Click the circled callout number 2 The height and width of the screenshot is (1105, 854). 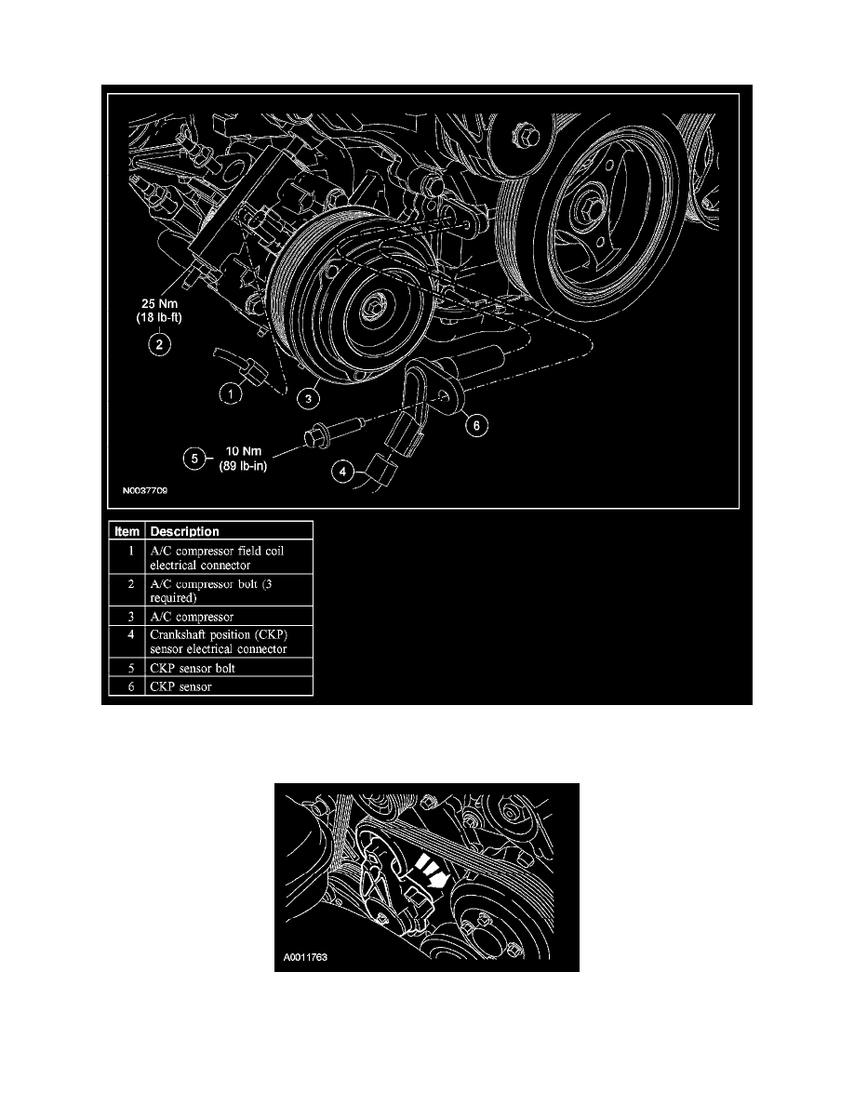pos(159,345)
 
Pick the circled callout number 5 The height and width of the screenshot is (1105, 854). pos(193,457)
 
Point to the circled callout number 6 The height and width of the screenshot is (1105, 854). pos(475,425)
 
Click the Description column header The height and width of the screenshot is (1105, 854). pos(184,531)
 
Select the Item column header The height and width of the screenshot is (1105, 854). pos(127,531)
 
